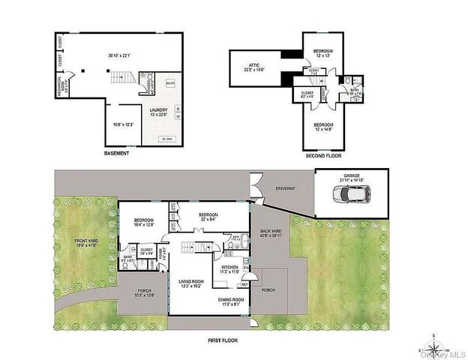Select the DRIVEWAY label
[286, 188]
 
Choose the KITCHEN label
[229, 267]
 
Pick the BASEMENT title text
[115, 154]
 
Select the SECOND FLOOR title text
[323, 155]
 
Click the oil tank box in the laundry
[167, 138]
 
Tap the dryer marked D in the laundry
[177, 109]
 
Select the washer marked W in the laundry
[177, 117]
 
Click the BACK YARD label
[270, 235]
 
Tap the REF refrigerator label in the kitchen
[244, 284]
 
